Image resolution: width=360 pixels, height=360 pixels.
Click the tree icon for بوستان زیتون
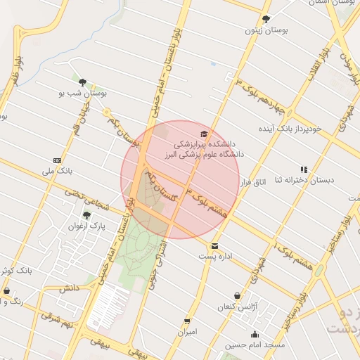(265, 19)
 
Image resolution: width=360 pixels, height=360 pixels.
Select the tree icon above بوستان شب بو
(83, 82)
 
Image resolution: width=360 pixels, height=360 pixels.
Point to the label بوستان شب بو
(82, 93)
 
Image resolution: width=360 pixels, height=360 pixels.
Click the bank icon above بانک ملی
(57, 160)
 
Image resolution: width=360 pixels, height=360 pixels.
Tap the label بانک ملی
(57, 171)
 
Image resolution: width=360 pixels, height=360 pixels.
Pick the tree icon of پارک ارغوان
(86, 215)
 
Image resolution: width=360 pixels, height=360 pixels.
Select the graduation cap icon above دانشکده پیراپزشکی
(204, 134)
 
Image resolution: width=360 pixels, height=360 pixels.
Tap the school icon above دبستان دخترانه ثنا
(304, 169)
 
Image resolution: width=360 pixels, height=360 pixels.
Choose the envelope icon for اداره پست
(214, 246)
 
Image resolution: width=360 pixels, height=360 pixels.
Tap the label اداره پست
(214, 257)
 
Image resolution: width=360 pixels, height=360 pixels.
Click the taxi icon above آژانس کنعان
(237, 296)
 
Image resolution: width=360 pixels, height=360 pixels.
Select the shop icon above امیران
(187, 321)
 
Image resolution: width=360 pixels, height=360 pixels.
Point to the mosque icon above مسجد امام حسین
(255, 335)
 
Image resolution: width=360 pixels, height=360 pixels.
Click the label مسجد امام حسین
(255, 345)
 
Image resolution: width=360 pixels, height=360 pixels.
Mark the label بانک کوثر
(15, 270)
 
